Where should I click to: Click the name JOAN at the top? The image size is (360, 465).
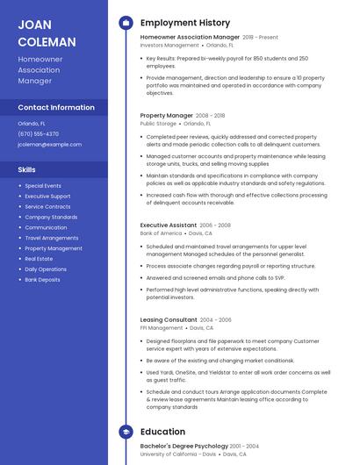[34, 25]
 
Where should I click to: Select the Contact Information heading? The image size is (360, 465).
[56, 107]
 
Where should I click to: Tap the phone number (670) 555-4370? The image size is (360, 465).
[39, 134]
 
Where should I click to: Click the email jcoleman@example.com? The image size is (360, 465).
[49, 145]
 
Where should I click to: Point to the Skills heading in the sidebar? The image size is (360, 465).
[27, 169]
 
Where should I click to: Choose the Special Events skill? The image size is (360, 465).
[43, 186]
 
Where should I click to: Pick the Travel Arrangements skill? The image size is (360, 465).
[51, 238]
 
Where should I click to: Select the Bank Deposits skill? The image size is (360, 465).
[42, 280]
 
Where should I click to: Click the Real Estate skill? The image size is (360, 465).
[39, 259]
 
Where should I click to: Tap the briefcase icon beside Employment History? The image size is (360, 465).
[126, 23]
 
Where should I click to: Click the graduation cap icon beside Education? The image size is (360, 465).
[126, 432]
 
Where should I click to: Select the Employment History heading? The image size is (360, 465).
[185, 23]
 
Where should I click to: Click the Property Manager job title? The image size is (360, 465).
[166, 115]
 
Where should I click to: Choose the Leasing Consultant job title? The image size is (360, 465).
[169, 319]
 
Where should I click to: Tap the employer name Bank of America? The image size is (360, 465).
[161, 234]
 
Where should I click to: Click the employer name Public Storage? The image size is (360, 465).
[158, 124]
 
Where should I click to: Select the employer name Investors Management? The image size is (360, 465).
[169, 45]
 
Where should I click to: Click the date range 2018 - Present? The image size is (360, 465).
[260, 38]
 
